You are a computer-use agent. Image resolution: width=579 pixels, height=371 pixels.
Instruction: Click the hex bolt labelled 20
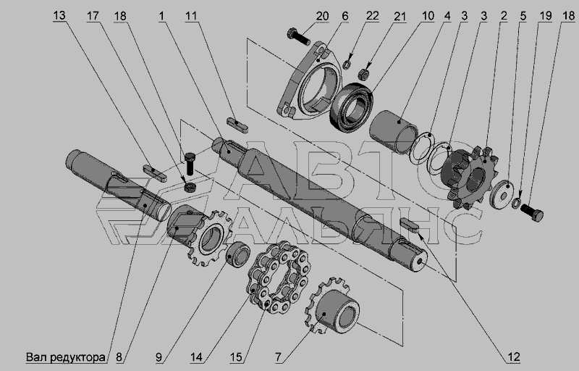(x=298, y=36)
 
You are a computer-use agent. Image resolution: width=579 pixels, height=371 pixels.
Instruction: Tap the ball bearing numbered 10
(x=351, y=107)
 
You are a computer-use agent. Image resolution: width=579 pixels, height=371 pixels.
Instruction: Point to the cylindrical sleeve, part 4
(x=393, y=132)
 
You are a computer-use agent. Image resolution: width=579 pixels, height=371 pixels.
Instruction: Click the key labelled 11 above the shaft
(x=237, y=125)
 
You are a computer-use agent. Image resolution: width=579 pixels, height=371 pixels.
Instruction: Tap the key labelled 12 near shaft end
(x=409, y=225)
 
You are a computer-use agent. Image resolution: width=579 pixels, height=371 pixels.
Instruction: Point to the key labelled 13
(x=155, y=174)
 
